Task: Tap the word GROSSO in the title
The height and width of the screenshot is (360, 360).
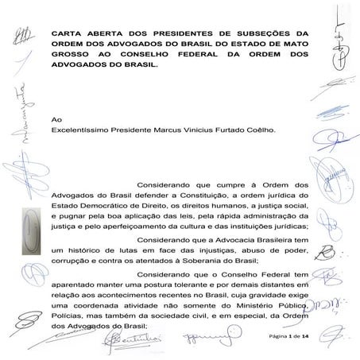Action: [x=70, y=56]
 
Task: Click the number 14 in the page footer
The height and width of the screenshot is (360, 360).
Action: [x=307, y=337]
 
